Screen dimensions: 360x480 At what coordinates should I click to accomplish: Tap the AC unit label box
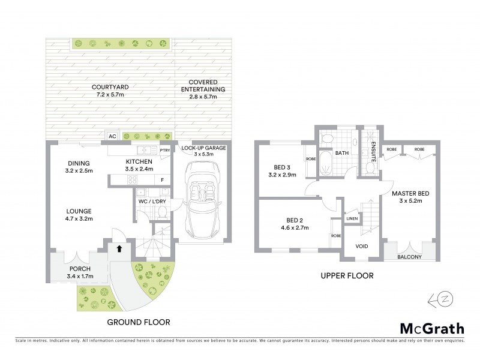112,136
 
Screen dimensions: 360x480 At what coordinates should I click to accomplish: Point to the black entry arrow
119,248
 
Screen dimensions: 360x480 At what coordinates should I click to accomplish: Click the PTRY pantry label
166,151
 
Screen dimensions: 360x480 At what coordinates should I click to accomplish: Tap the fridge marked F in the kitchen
162,180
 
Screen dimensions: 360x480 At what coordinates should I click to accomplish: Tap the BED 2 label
293,220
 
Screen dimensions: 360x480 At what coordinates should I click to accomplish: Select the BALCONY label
410,257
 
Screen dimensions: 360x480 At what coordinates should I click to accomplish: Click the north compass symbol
439,300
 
